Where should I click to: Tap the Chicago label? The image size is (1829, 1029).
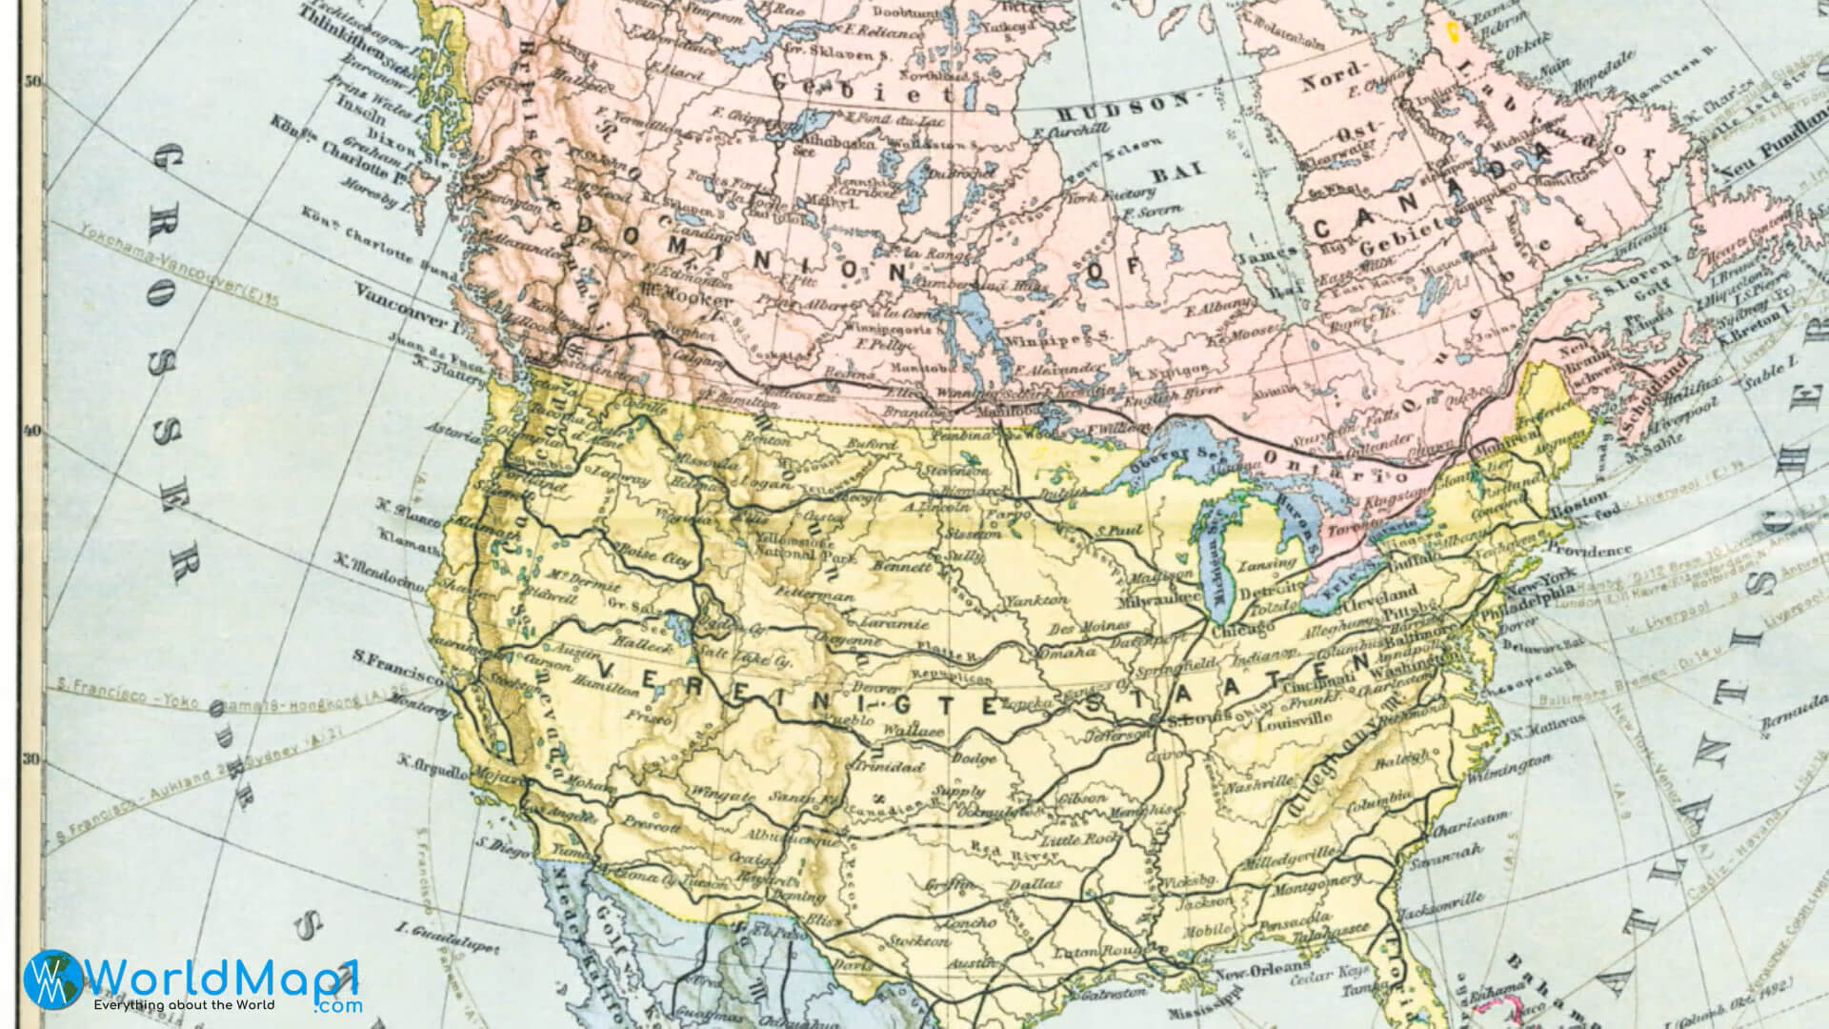1241,631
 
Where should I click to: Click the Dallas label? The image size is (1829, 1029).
1035,885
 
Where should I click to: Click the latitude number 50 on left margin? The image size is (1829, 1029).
32,82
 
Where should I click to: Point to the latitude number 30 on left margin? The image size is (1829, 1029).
32,759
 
